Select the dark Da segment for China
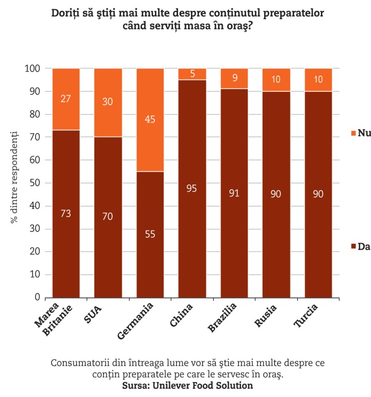point(192,217)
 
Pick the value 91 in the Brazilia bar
point(235,194)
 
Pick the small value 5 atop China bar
point(192,74)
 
